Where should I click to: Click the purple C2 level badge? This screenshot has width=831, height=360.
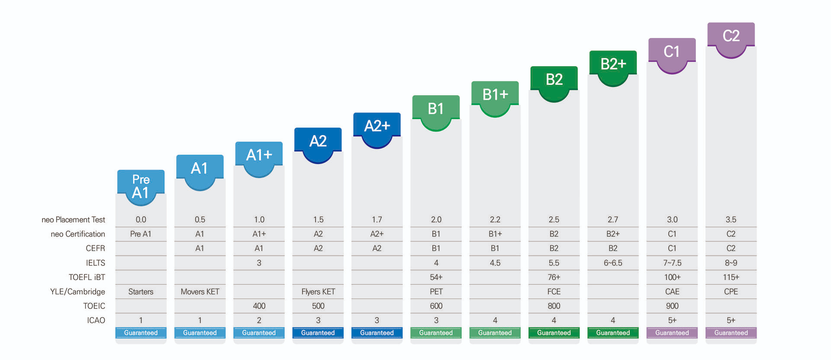(731, 36)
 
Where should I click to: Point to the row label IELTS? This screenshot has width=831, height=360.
(95, 263)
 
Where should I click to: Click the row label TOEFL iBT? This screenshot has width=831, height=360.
(87, 277)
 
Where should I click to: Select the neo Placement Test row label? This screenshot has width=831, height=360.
(73, 219)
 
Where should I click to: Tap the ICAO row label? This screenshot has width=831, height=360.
(96, 320)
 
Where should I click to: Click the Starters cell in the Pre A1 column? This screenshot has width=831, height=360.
(141, 292)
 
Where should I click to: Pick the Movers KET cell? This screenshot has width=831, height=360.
(200, 292)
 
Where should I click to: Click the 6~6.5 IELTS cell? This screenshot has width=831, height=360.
(613, 263)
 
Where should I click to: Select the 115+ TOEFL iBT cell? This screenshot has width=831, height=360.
(731, 277)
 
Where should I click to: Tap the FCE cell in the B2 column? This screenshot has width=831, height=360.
(554, 292)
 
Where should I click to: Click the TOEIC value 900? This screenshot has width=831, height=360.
(672, 306)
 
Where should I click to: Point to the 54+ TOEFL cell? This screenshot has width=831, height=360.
(436, 277)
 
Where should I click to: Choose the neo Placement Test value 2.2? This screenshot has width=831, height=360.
(495, 219)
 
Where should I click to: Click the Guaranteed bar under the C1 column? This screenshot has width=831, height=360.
(672, 333)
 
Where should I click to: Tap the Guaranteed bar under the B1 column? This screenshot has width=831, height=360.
(436, 333)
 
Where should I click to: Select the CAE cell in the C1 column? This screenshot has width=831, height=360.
(672, 292)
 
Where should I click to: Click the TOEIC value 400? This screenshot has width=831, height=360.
(259, 306)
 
